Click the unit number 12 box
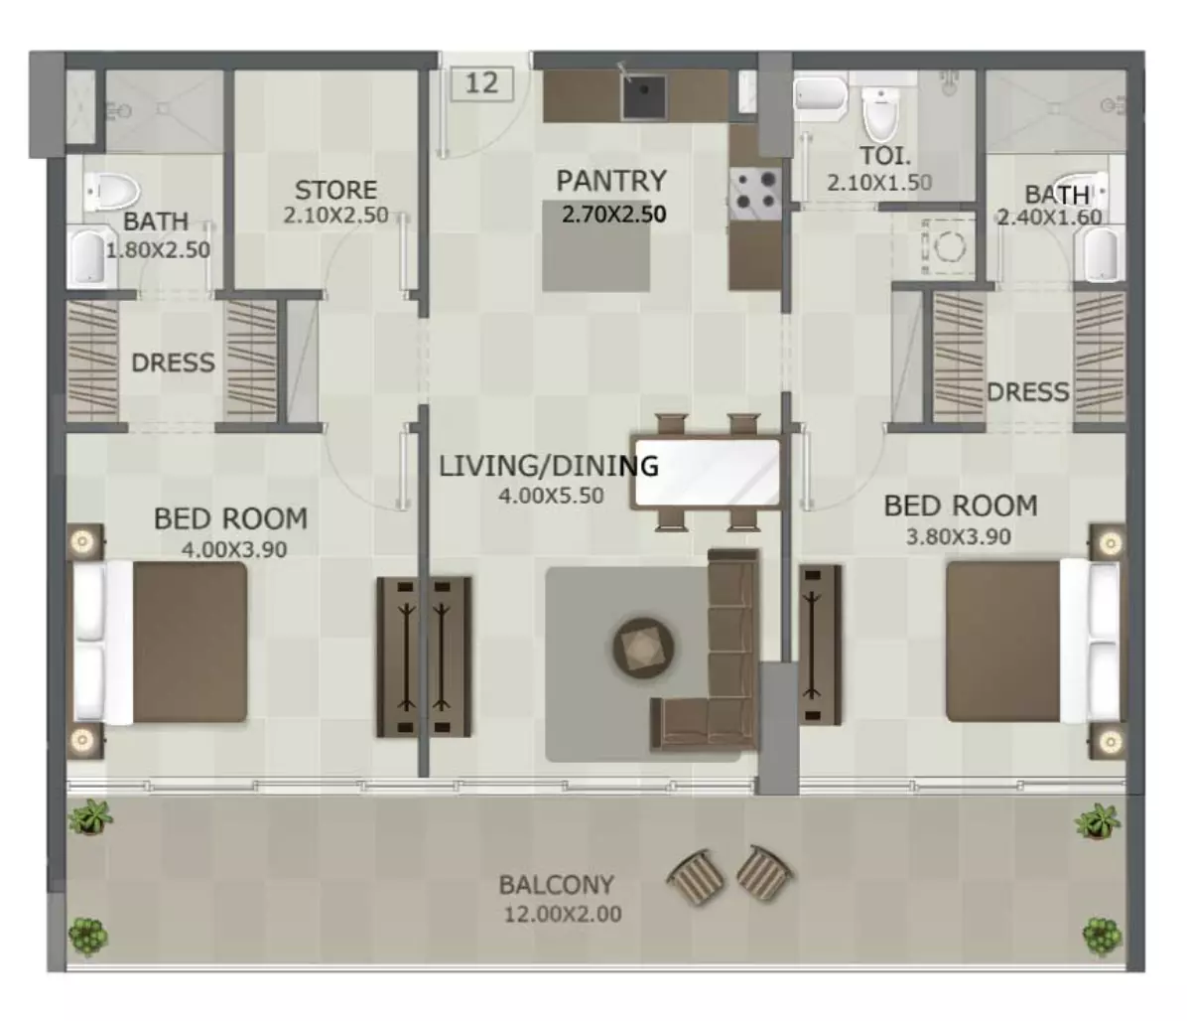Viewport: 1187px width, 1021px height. pos(481,82)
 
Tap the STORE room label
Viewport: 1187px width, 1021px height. pos(335,190)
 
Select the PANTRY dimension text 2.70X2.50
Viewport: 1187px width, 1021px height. pos(614,215)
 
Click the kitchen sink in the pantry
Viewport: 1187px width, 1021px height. pos(643,97)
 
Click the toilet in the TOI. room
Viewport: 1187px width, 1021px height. pos(880,114)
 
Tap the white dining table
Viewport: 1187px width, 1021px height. pos(707,473)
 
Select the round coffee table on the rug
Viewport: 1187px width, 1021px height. pos(643,648)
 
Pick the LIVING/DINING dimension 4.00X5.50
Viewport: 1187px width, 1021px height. pos(551,497)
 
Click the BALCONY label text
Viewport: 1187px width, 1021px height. pos(557,885)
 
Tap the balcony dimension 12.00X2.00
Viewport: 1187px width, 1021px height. pos(563,914)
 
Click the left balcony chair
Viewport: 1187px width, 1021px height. pos(697,876)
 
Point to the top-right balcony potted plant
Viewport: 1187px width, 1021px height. pos(1097,821)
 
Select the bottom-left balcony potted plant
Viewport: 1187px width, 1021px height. pos(87,937)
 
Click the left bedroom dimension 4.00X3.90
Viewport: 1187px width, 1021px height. pos(234,550)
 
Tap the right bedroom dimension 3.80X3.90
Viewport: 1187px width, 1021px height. pos(959,537)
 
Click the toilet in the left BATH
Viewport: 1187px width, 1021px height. pos(112,191)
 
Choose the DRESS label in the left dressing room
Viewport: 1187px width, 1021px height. pos(174,363)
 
